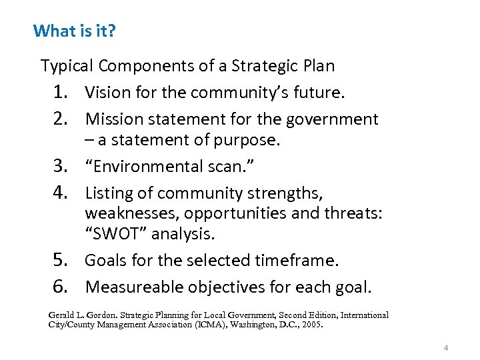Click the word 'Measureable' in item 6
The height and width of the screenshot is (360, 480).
(x=135, y=287)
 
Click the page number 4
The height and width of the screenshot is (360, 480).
(x=445, y=348)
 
